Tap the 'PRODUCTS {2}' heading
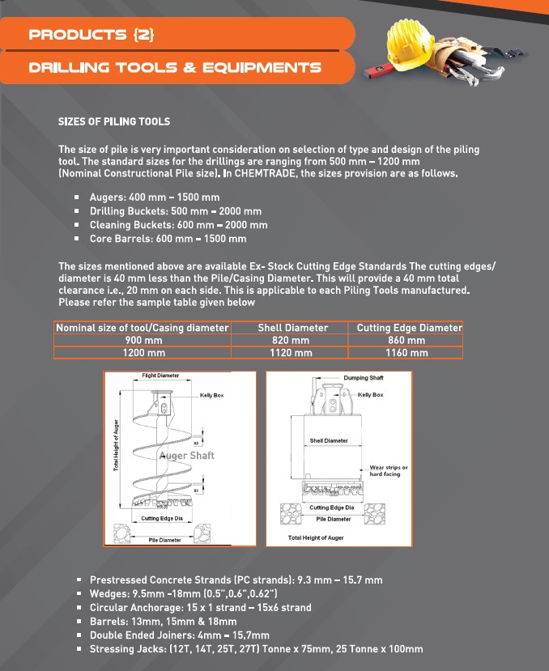tap(91, 35)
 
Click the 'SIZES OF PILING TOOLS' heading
tap(114, 121)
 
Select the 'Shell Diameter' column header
tap(292, 328)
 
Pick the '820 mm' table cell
tap(292, 341)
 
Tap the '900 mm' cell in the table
tap(143, 341)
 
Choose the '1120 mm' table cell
tap(292, 353)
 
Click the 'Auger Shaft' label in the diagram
tap(187, 456)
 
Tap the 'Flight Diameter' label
tap(160, 376)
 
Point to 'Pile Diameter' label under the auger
tap(164, 539)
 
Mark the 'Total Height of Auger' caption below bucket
tap(316, 537)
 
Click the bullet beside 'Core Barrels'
tap(76, 239)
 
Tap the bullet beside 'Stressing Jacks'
tap(78, 649)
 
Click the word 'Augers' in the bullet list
tap(107, 197)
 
